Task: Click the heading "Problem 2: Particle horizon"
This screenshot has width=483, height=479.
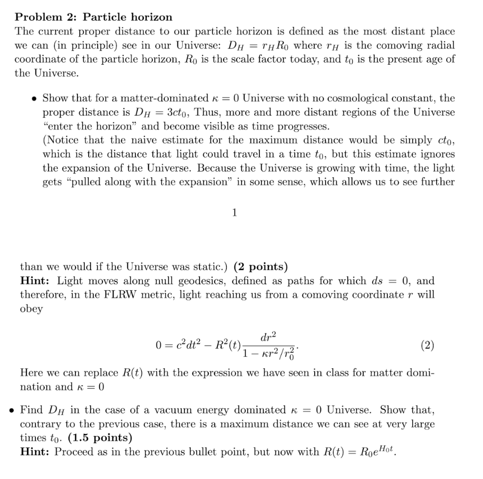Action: [93, 17]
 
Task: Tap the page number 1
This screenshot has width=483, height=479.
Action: [234, 213]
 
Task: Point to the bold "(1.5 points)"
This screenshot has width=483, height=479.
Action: [100, 438]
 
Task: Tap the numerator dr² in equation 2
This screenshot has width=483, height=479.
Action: [269, 336]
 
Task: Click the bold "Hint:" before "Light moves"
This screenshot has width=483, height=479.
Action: [36, 281]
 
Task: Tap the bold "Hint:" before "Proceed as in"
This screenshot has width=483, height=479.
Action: [36, 452]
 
